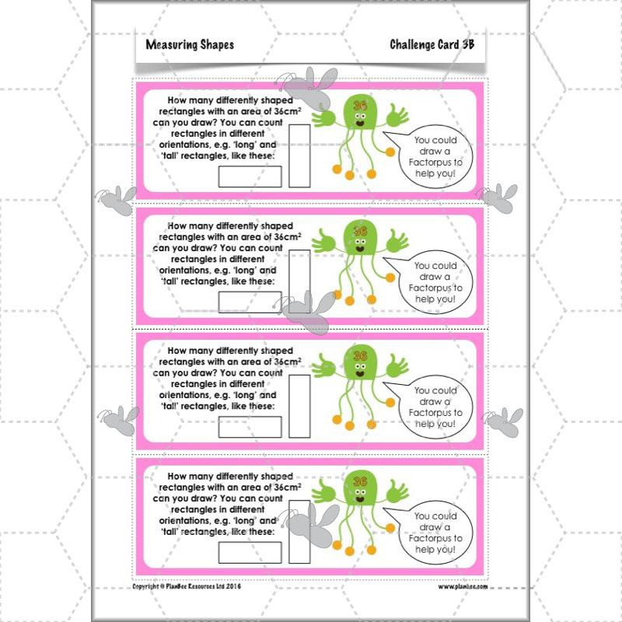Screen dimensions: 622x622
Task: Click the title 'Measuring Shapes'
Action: click(190, 45)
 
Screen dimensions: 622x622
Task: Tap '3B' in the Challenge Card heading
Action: click(465, 45)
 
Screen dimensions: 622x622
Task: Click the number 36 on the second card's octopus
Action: click(360, 231)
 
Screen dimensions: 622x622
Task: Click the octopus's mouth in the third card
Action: click(360, 373)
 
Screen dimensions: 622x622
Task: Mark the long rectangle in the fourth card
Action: click(239, 552)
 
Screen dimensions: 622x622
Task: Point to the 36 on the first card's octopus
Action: click(359, 105)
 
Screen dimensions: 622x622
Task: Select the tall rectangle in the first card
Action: click(299, 155)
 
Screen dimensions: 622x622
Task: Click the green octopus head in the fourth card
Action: click(359, 489)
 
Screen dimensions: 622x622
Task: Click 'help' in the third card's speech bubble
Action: click(426, 423)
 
